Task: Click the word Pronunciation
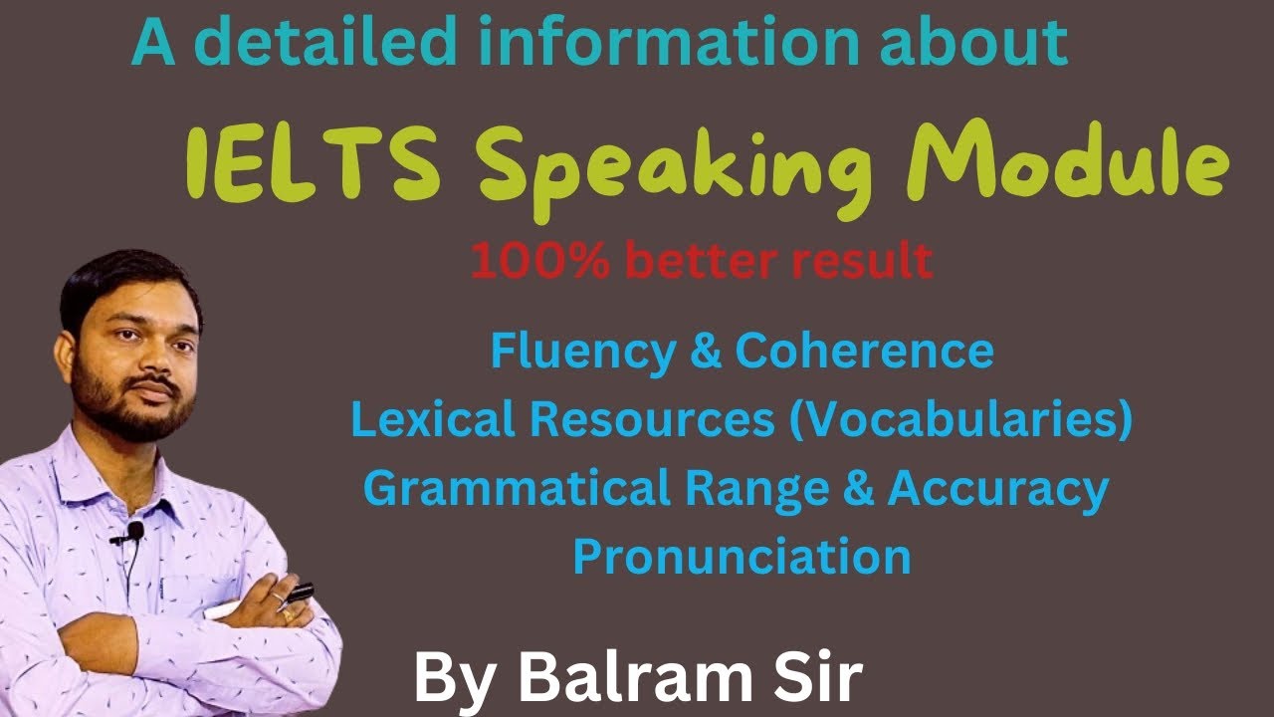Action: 742,556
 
